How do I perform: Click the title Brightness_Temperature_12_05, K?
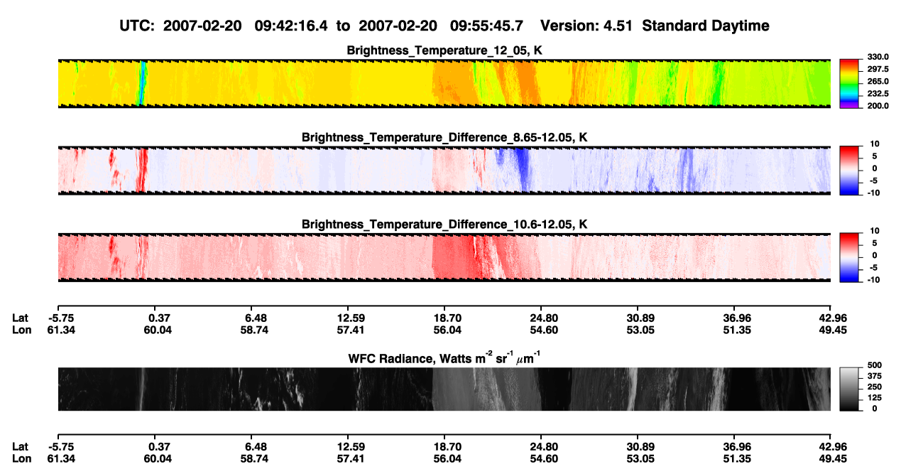coord(444,50)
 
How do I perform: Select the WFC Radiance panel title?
coord(444,358)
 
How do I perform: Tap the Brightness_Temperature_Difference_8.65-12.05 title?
coord(444,137)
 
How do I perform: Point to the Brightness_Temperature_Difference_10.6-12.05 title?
coord(444,225)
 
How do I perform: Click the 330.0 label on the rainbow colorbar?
coord(878,57)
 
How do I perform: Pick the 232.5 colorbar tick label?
coord(878,94)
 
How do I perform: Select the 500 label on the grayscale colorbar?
coord(875,365)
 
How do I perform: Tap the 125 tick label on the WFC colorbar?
coord(875,398)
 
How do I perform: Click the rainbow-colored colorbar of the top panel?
coord(849,84)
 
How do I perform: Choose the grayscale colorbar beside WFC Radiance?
coord(849,389)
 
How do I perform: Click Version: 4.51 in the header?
coord(586,26)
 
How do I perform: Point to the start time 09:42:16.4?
coord(291,26)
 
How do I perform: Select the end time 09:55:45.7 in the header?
coord(486,26)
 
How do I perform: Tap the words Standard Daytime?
coord(706,26)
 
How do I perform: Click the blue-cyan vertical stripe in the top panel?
coord(142,83)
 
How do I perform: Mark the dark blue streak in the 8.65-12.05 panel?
coord(523,169)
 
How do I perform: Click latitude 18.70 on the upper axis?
coord(447,318)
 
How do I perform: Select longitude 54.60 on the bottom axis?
coord(544,459)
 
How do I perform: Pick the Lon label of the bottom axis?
coord(21,459)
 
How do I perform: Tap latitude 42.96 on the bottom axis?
coord(833,447)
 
